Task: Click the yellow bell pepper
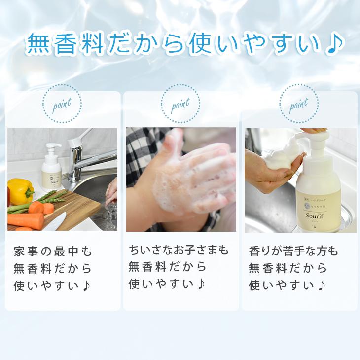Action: [20, 190]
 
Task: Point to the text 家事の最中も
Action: [53, 251]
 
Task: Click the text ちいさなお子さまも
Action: [179, 250]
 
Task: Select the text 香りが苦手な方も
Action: [293, 251]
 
